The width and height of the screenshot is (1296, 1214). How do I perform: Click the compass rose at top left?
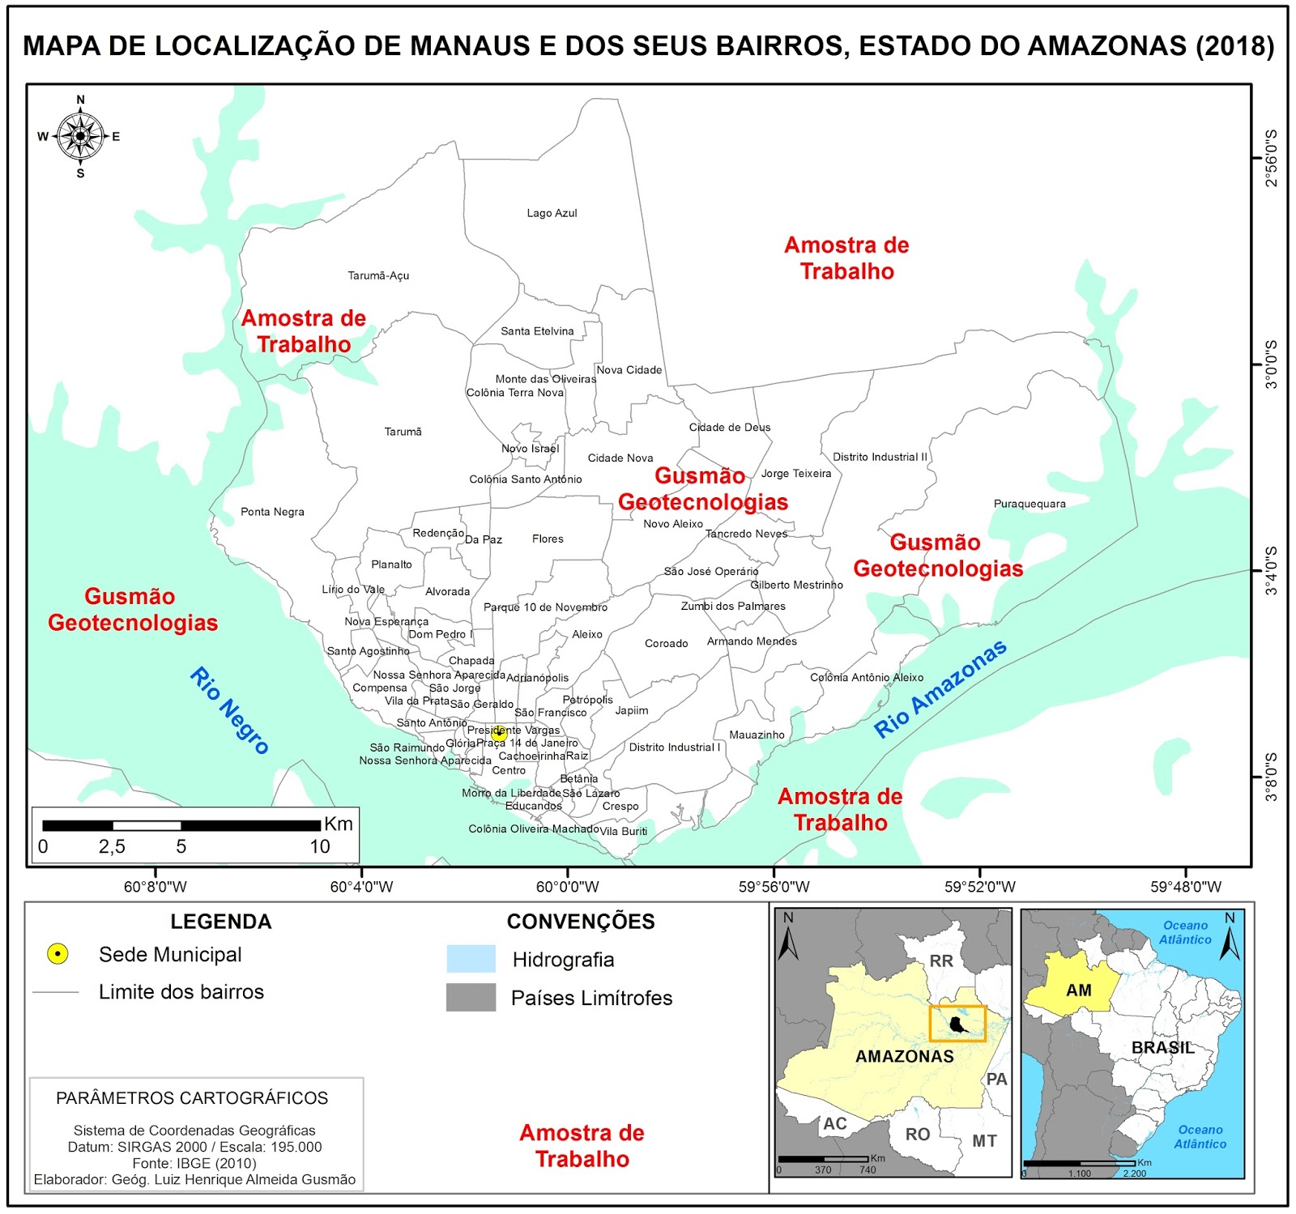[80, 136]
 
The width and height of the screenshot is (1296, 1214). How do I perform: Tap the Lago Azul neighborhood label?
[552, 213]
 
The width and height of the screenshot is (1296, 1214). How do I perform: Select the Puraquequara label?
[1030, 504]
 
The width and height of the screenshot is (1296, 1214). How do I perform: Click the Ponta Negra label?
[272, 512]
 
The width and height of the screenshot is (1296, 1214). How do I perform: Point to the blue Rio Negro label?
[229, 710]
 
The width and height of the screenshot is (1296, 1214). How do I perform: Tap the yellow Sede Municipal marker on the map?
[499, 734]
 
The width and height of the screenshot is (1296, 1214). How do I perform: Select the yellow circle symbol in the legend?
[58, 954]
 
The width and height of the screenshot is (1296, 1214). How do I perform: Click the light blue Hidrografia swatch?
[471, 959]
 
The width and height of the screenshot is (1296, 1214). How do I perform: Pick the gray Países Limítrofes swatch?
[471, 997]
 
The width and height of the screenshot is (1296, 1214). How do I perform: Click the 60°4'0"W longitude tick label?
[361, 887]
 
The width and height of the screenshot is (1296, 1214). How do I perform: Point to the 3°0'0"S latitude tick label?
[1271, 364]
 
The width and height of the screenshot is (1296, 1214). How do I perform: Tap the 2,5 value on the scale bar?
[112, 847]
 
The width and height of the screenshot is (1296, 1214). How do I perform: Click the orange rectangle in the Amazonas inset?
[957, 1023]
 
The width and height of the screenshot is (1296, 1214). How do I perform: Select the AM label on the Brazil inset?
[1078, 990]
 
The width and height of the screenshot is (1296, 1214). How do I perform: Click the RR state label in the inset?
[940, 961]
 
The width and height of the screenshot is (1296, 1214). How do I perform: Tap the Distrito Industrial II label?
[880, 457]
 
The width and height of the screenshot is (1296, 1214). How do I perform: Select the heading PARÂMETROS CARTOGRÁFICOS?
[192, 1098]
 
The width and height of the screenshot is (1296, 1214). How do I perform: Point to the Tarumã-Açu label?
[378, 275]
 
